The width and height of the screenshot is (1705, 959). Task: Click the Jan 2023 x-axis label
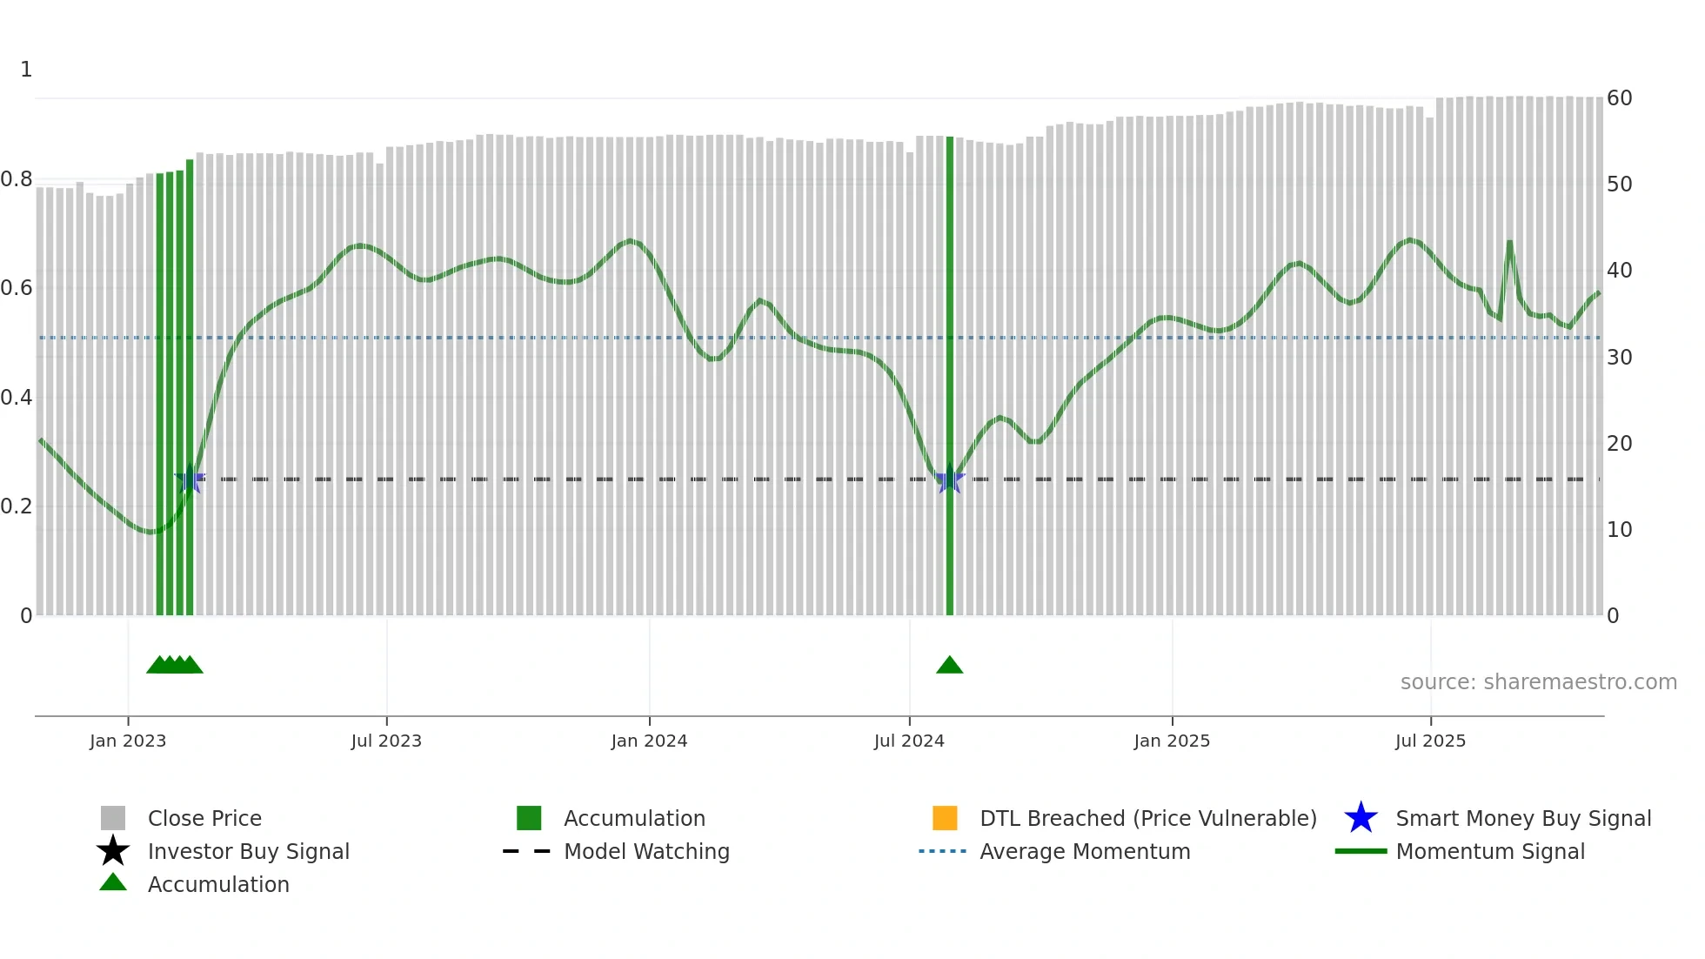[128, 741]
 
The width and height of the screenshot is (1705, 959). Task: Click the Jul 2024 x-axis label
[909, 741]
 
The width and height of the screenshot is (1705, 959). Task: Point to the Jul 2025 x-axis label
[1430, 741]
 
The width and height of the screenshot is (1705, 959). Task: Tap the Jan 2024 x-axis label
[649, 741]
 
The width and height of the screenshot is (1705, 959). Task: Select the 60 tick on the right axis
[1619, 98]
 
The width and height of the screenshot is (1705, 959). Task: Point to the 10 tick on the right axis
[1619, 530]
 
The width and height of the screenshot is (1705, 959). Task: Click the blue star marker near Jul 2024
[950, 479]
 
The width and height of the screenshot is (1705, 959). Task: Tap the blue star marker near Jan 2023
[190, 479]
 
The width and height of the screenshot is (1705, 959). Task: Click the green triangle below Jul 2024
[950, 666]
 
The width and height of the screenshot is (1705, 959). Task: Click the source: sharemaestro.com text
[1538, 682]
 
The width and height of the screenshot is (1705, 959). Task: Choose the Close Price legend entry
[204, 819]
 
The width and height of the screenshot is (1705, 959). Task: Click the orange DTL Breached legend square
[945, 819]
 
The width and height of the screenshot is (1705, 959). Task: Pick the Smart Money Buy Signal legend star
[1361, 819]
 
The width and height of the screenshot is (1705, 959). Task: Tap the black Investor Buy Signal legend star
[113, 852]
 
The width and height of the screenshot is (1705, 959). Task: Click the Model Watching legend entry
[646, 852]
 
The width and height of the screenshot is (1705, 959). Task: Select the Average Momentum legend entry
[1085, 852]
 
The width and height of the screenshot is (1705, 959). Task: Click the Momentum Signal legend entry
[1490, 852]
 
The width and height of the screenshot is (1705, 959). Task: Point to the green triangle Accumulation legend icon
[113, 883]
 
